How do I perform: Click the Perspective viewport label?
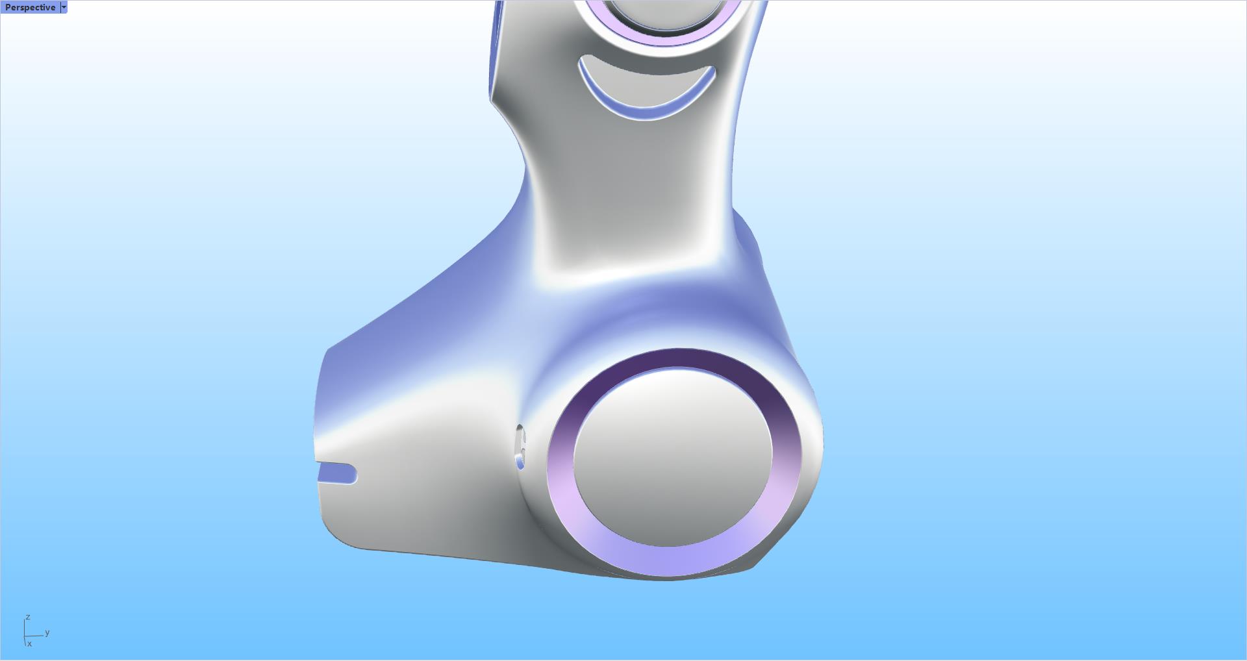[30, 7]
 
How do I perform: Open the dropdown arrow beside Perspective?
[64, 7]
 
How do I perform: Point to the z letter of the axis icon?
[28, 617]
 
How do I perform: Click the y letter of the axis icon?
[47, 632]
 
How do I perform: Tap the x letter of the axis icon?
[29, 643]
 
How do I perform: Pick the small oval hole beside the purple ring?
[520, 447]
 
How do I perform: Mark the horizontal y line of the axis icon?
[35, 636]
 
